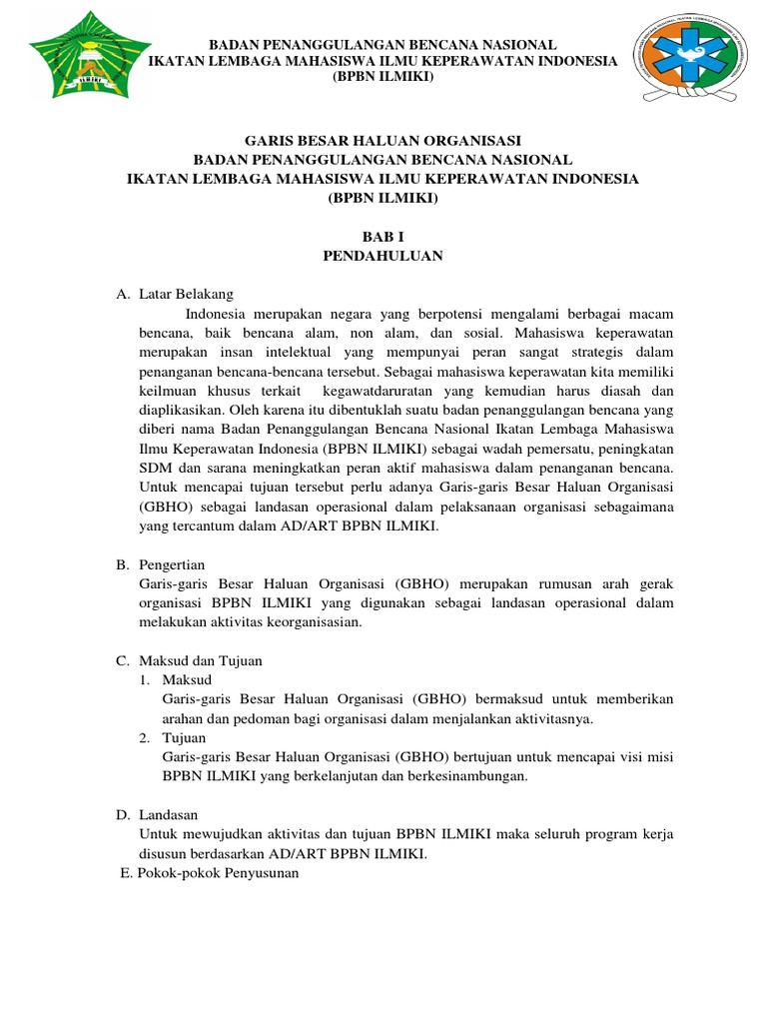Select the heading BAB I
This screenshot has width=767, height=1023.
click(383, 236)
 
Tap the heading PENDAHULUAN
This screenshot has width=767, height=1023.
click(383, 256)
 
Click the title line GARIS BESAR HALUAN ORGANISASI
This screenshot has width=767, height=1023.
click(383, 141)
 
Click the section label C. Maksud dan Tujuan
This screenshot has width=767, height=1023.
click(190, 661)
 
